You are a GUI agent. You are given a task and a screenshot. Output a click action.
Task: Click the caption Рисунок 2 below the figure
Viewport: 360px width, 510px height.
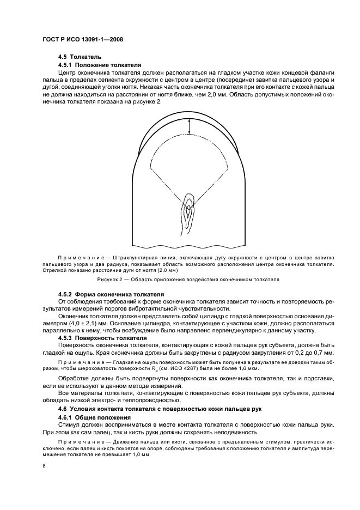coord(188,280)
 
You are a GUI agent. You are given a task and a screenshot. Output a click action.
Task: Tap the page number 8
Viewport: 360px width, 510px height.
coord(45,466)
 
